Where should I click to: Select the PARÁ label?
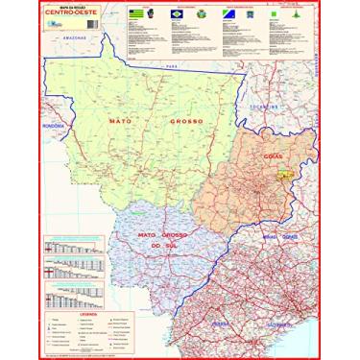pyautogui.click(x=173, y=66)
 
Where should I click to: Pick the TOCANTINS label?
pyautogui.click(x=262, y=108)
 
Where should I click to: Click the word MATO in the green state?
pyautogui.click(x=121, y=122)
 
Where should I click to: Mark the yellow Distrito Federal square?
pyautogui.click(x=285, y=176)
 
